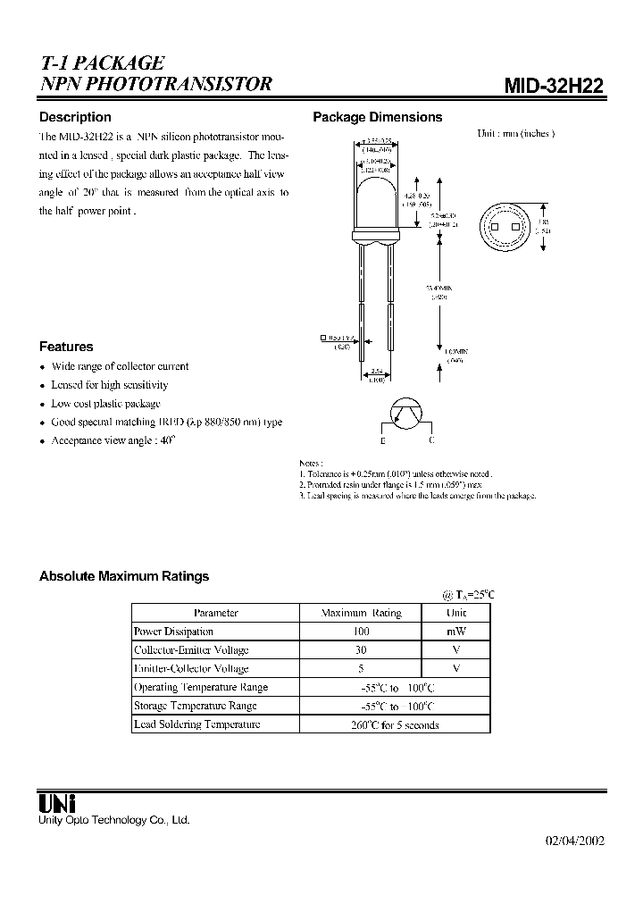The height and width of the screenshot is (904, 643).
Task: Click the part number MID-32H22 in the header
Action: [x=554, y=86]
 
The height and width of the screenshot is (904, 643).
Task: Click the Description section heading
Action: [x=75, y=117]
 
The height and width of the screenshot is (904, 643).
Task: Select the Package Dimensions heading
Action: [x=377, y=117]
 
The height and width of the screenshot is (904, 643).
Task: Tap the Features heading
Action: [x=66, y=347]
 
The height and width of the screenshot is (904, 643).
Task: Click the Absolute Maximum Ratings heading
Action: [x=124, y=576]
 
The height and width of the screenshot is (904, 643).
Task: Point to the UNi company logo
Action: [x=57, y=802]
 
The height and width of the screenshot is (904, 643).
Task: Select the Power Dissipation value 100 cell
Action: [x=361, y=632]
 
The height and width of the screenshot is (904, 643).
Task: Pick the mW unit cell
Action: [x=455, y=632]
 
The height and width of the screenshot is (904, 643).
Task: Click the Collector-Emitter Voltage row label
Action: [x=191, y=650]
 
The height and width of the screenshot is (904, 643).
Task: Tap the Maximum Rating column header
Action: [x=361, y=613]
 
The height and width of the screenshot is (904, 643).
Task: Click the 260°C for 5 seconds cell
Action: [x=395, y=724]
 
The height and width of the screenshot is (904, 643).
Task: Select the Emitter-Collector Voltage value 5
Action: [x=361, y=668]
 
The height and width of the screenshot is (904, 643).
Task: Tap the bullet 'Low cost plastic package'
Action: [x=105, y=404]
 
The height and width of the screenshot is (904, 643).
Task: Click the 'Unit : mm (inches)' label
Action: [x=515, y=133]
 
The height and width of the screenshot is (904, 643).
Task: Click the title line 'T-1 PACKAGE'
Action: [x=102, y=63]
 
